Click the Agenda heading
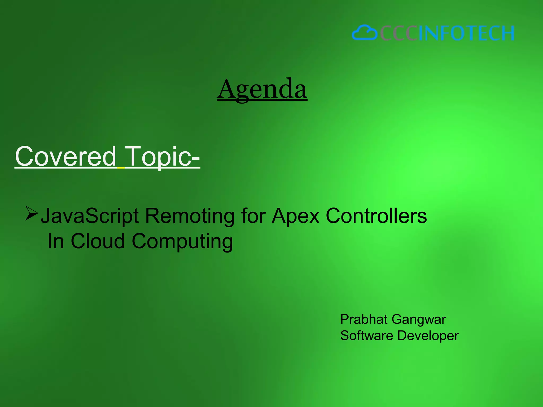pyautogui.click(x=262, y=89)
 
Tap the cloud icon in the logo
pyautogui.click(x=365, y=33)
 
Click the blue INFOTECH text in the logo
pyautogui.click(x=466, y=33)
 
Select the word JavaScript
pyautogui.click(x=90, y=216)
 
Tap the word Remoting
pyautogui.click(x=190, y=216)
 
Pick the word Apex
pyautogui.click(x=296, y=216)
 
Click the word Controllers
pyautogui.click(x=376, y=216)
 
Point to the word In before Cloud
pyautogui.click(x=56, y=241)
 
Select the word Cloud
pyautogui.click(x=98, y=241)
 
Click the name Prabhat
pyautogui.click(x=364, y=319)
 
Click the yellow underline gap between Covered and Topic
pyautogui.click(x=121, y=168)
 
